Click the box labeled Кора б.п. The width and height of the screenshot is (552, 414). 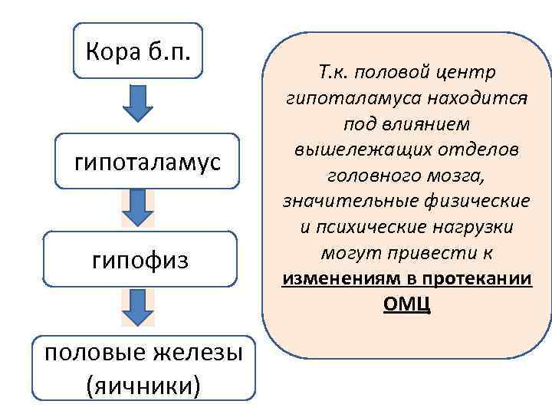[x=138, y=51]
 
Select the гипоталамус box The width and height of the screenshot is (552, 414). [x=146, y=162]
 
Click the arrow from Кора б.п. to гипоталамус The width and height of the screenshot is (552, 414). [x=140, y=104]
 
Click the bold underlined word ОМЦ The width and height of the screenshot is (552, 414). [x=406, y=304]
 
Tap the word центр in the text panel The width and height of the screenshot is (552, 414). [x=466, y=72]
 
